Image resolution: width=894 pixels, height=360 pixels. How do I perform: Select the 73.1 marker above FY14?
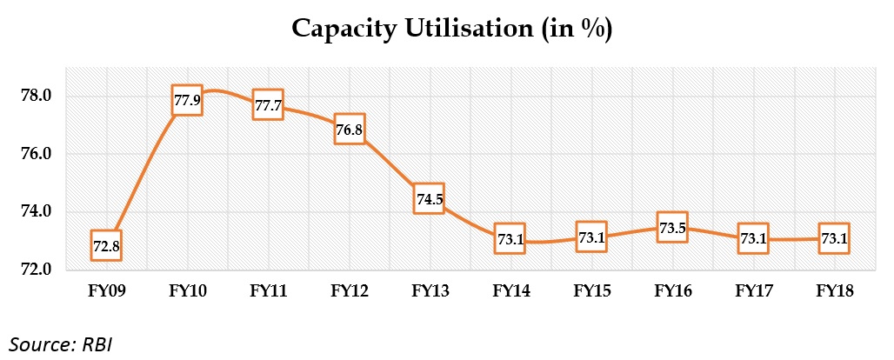pos(510,238)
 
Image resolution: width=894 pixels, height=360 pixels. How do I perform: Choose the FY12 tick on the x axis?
pos(349,293)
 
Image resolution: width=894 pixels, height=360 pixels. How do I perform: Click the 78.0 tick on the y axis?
pos(37,96)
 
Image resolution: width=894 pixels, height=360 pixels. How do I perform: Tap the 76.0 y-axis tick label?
pos(37,154)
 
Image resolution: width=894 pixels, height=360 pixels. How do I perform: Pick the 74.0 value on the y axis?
pos(37,211)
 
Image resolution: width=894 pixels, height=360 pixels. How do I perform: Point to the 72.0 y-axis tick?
pos(37,270)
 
